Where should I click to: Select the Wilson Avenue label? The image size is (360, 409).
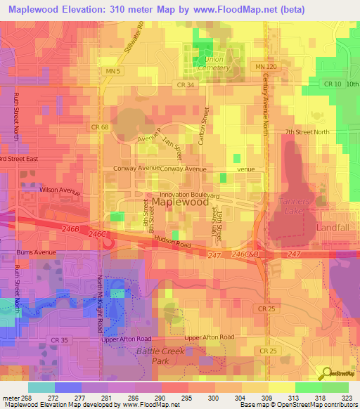(57, 190)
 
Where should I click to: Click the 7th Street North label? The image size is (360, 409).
(307, 132)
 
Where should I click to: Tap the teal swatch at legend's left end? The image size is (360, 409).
(41, 387)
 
